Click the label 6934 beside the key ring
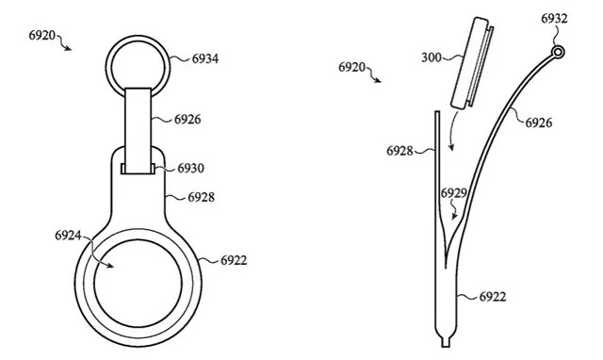tap(205, 58)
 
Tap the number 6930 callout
tap(190, 168)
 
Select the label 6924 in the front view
tap(68, 235)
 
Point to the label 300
tap(432, 57)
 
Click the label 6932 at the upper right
tap(554, 19)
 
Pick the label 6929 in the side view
tap(454, 192)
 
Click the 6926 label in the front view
tap(187, 120)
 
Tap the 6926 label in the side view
tap(539, 123)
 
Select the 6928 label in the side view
tap(399, 151)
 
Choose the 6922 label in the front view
tap(234, 260)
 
